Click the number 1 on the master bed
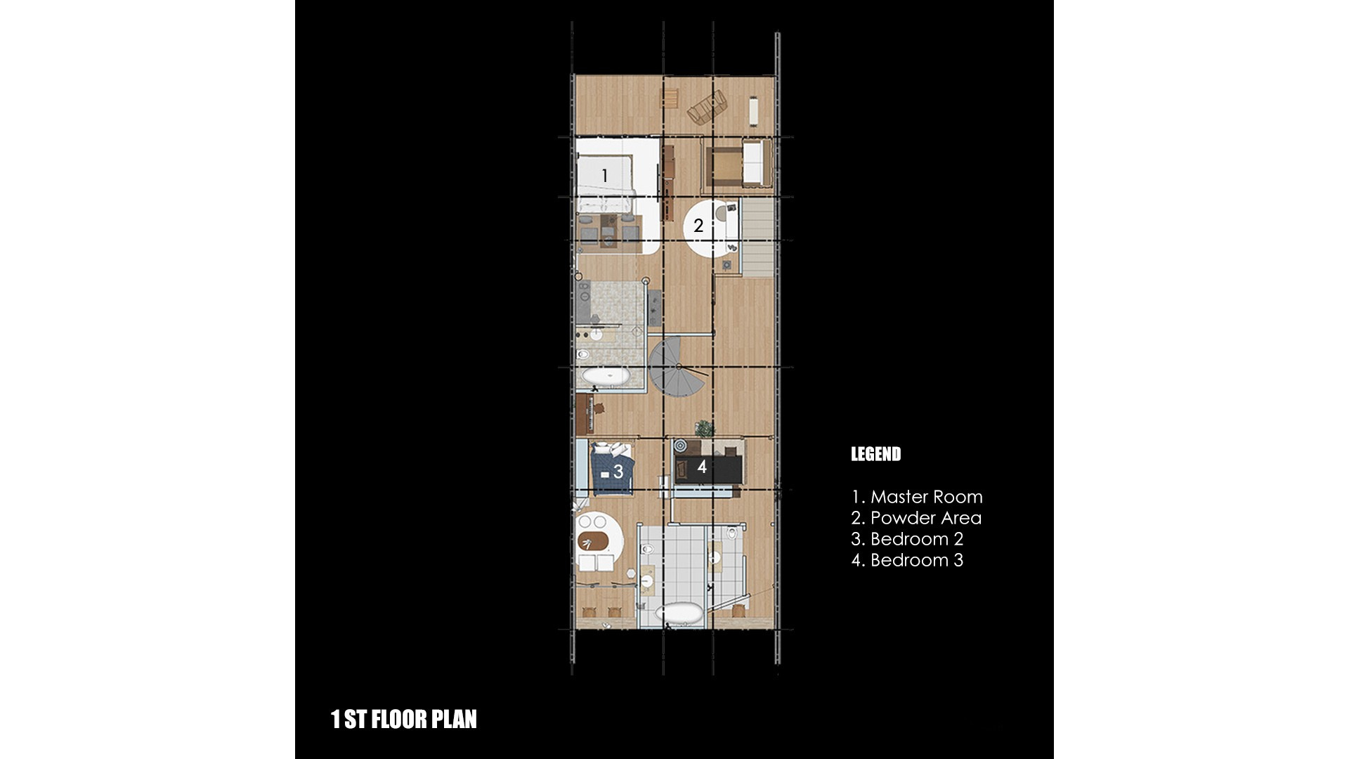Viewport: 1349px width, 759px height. coord(604,176)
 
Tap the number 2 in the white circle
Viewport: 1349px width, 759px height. coord(698,226)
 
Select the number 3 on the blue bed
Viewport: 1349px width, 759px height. coord(618,472)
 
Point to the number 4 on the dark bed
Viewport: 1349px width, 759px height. coord(702,466)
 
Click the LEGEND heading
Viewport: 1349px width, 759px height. coord(875,454)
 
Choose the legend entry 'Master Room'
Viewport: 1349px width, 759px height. coord(926,497)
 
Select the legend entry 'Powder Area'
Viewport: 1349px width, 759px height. coord(925,518)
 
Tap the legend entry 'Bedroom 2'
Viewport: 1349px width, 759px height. coord(917,539)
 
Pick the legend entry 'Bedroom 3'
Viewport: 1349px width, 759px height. coord(917,560)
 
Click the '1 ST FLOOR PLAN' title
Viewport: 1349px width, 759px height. coord(404,719)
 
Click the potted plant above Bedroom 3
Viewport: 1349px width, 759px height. coord(704,428)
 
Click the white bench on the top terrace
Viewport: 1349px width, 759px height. coord(755,110)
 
